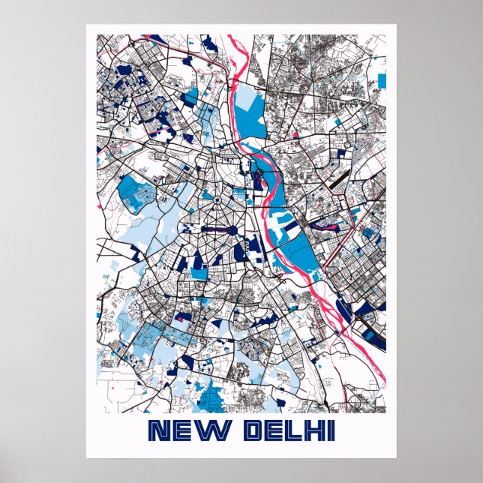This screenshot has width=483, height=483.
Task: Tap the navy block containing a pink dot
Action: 179,317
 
